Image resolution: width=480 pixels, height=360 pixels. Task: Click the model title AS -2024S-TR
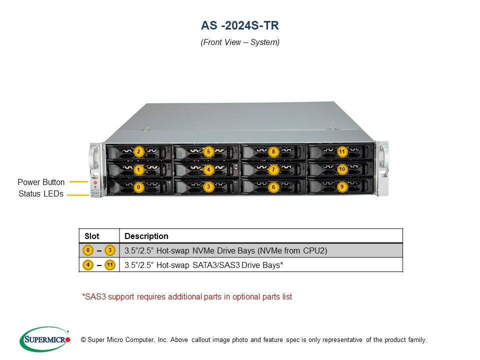pos(240,25)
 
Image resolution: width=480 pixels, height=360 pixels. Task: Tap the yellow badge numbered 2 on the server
pos(139,151)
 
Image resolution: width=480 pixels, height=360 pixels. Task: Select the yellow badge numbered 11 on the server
pos(342,151)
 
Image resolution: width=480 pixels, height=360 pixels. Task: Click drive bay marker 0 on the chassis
pos(138,187)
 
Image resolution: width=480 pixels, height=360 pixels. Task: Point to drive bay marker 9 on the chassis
pos(342,186)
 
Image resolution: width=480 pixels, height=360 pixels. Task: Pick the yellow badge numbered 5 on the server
pos(208,151)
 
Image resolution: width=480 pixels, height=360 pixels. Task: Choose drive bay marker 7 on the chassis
pos(273,169)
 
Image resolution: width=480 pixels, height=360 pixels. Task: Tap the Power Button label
pos(41,182)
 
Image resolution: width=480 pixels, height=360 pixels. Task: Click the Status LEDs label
pos(41,194)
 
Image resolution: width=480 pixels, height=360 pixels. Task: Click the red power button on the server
pos(95,183)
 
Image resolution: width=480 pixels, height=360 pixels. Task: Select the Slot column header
pos(92,236)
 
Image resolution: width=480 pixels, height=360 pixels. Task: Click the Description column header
pos(146,236)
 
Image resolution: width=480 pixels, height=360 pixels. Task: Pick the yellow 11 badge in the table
pos(110,265)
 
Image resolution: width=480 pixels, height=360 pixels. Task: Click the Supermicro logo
pos(44,339)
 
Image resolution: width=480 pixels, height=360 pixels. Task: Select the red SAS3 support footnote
pos(187,296)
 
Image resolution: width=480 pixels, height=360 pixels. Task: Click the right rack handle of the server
pos(382,167)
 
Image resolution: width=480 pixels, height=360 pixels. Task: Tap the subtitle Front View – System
pos(240,42)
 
